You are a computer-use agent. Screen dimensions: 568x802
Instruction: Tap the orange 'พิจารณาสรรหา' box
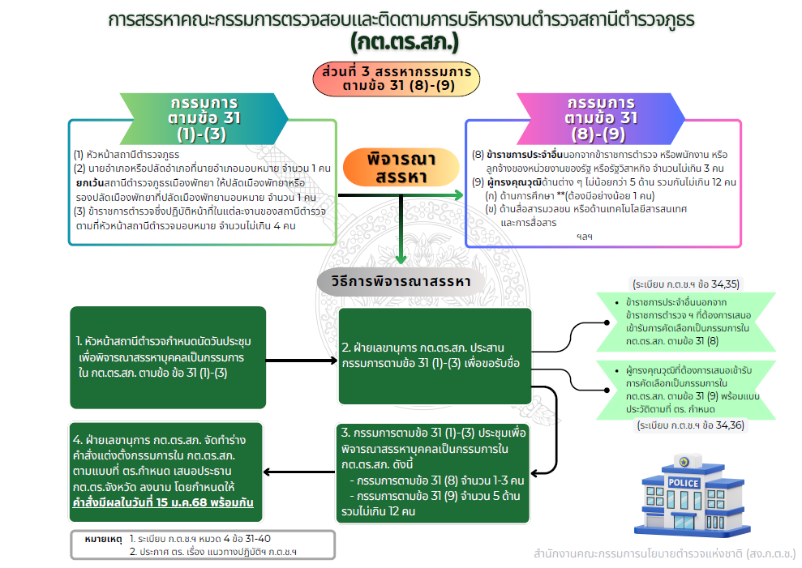pos(396,168)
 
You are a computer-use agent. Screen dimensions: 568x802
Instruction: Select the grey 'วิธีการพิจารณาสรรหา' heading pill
pos(401,281)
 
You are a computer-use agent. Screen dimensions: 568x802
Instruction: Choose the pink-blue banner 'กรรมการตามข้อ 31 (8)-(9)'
pos(600,117)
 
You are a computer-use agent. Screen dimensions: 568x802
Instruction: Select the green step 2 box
pos(435,356)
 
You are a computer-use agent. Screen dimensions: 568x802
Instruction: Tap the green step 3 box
pos(435,472)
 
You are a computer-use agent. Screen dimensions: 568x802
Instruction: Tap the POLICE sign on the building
pos(682,484)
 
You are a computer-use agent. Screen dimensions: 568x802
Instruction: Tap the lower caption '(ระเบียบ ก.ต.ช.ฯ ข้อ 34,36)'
pos(690,425)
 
